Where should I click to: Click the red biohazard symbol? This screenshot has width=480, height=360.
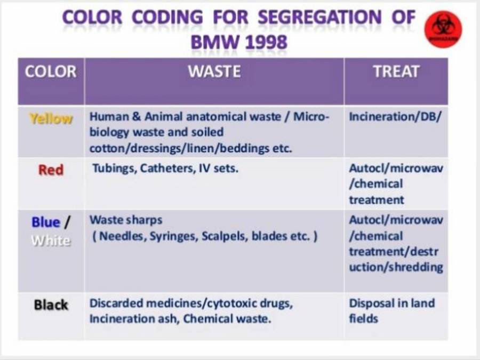coord(443,29)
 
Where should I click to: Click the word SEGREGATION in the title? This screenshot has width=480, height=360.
coord(319,18)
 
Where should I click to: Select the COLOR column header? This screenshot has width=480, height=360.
coord(51,71)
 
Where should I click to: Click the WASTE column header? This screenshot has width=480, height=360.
coord(214,71)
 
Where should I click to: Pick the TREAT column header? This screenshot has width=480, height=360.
coord(396,71)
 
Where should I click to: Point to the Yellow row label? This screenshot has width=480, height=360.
coord(51,118)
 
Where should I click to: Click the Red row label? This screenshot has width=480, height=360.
coord(51,170)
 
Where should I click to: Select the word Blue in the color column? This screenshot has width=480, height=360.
coord(46,222)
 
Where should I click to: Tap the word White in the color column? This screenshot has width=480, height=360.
coord(51,241)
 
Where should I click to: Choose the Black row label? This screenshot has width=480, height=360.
coord(51,305)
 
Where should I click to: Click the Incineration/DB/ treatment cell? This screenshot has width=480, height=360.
coord(395,117)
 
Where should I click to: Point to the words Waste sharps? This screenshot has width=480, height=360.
coord(126,220)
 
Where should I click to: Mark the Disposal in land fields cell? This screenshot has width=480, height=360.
coord(391,311)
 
